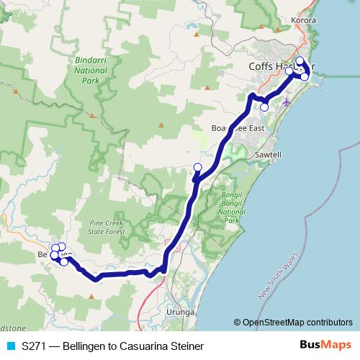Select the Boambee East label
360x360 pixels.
[238, 128]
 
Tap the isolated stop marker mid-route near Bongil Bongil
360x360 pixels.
[198, 168]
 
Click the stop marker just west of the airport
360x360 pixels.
[264, 107]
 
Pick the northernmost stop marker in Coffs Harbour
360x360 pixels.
[300, 61]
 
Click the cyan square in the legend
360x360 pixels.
[10, 346]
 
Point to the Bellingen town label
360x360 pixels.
[49, 255]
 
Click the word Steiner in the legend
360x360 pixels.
[177, 346]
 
